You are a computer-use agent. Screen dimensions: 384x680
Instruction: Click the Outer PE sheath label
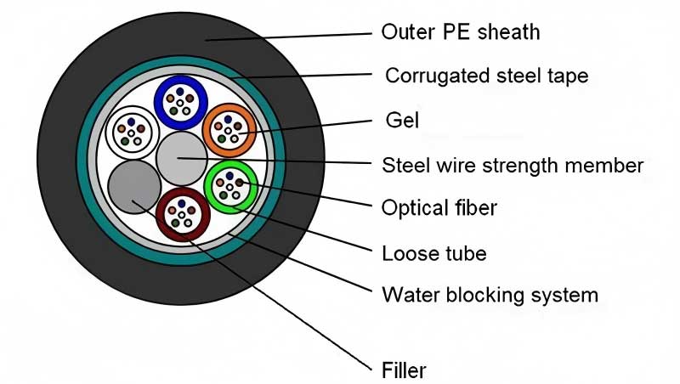461,33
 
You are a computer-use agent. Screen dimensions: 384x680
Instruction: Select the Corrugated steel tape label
486,76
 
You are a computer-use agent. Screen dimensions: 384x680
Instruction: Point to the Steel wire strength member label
513,165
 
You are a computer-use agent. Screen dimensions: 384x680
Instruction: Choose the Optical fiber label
439,207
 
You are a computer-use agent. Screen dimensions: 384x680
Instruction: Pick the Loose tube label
434,252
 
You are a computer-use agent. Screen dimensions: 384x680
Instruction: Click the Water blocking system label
490,295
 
